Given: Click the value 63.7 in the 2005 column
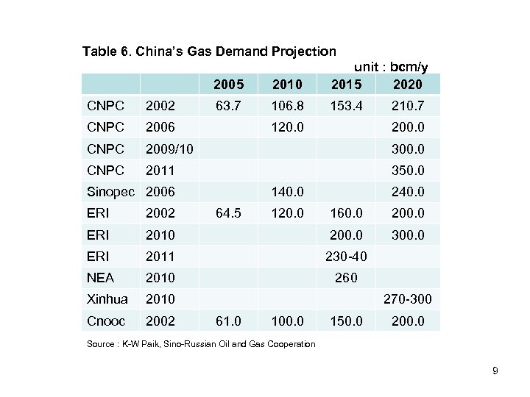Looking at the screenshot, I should pos(226,106).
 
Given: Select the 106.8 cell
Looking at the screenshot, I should pos(286,106).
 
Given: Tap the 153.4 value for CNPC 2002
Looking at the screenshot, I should pos(347,106).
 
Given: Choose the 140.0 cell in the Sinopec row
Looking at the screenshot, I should pos(286,191).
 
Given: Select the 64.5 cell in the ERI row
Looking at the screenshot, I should pos(226,212).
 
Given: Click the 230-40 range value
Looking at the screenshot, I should pos(347,256).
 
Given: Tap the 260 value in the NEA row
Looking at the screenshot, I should pos(347,277).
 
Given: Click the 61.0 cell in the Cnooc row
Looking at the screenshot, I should pos(226,321).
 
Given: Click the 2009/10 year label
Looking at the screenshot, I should pos(169,149).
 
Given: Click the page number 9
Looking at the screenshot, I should pos(495,371).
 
